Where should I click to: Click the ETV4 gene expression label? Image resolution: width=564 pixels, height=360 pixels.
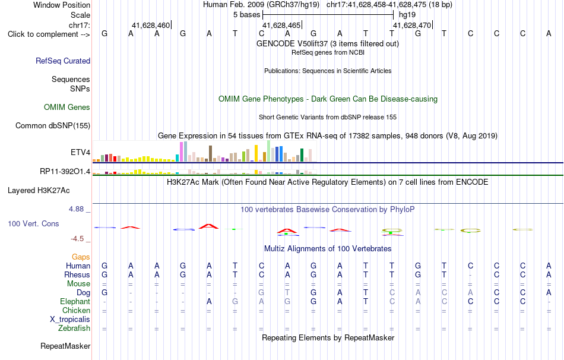(80, 152)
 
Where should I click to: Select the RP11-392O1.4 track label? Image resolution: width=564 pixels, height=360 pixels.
(65, 171)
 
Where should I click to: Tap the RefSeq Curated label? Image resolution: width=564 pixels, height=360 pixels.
(63, 61)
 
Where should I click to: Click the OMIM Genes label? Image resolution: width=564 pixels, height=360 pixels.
(67, 108)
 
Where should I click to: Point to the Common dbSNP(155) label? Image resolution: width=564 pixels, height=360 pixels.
(53, 125)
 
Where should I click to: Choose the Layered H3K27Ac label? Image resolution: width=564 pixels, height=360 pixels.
(39, 191)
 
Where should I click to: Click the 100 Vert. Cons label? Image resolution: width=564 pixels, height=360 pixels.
(33, 223)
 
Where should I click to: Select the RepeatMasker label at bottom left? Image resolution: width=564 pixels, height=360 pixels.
(65, 346)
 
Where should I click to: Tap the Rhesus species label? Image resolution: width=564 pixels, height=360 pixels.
(77, 274)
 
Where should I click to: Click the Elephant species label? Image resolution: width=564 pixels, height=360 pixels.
(75, 301)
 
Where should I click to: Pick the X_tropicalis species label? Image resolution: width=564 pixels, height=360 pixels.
(70, 320)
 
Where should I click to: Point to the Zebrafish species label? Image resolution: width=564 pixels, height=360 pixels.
(74, 329)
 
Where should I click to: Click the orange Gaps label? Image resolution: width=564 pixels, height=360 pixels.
(81, 257)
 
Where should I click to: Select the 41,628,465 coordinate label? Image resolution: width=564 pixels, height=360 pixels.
(281, 25)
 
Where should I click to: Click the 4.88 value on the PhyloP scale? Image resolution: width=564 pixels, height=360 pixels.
(76, 209)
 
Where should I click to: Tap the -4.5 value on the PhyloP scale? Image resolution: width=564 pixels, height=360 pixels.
(77, 239)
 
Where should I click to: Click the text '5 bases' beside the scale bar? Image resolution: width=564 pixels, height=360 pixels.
(246, 15)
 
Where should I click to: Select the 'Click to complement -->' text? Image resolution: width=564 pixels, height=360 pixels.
(49, 34)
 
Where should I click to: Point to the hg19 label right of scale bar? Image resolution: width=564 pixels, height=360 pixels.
(407, 15)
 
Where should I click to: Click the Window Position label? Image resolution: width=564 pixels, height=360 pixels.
(62, 5)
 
